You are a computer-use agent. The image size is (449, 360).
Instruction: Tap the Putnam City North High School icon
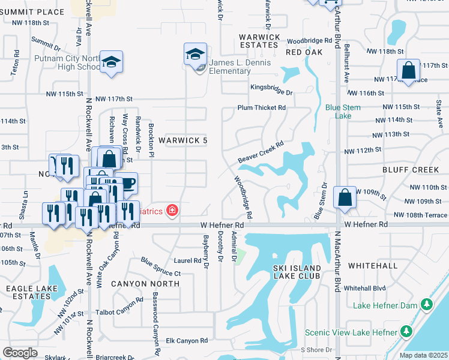pos(111,62)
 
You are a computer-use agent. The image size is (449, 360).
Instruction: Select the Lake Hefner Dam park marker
pos(427,305)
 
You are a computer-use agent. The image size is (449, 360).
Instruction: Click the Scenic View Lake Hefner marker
pos(407,331)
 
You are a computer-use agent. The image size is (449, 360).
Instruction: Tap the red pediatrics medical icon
pos(172,210)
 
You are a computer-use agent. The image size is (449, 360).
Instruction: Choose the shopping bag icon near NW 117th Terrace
pos(408,71)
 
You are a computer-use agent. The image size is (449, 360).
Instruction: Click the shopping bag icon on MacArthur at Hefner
pos(345,197)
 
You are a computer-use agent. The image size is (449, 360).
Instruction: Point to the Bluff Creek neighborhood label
pos(411,170)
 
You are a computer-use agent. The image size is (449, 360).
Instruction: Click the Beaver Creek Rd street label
pos(260,152)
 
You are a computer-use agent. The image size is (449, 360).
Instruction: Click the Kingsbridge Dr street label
pos(271,93)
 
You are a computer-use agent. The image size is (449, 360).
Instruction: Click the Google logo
pos(20,353)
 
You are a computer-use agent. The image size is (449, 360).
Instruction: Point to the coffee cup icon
pos(127,182)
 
